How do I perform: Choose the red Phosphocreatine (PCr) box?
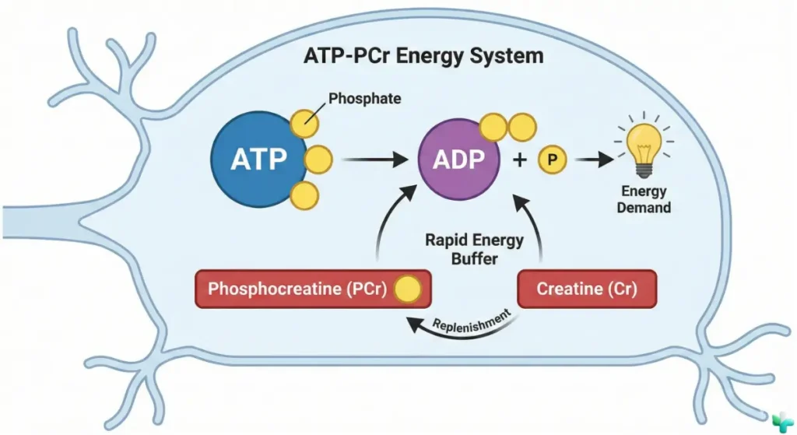pos(311,289)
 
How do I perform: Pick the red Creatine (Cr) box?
pos(588,289)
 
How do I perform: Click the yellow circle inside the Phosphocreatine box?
pos(407,289)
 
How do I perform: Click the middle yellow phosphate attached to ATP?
pos(318,160)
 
